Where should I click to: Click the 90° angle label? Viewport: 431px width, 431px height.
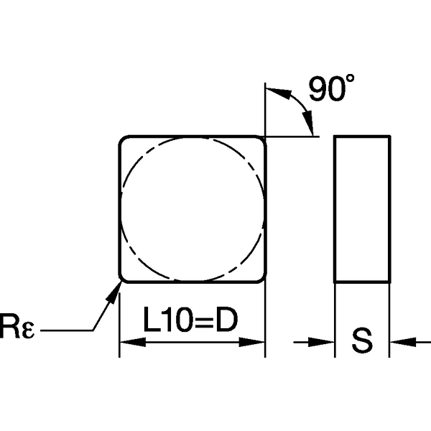point(330,89)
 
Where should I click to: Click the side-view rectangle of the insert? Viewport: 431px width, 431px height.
point(362,208)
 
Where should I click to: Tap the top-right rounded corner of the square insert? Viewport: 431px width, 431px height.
point(261,141)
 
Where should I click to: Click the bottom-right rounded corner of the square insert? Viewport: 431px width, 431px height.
point(261,277)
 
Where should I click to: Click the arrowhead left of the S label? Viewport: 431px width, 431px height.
point(327,342)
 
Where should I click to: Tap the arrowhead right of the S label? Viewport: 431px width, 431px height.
point(397,342)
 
